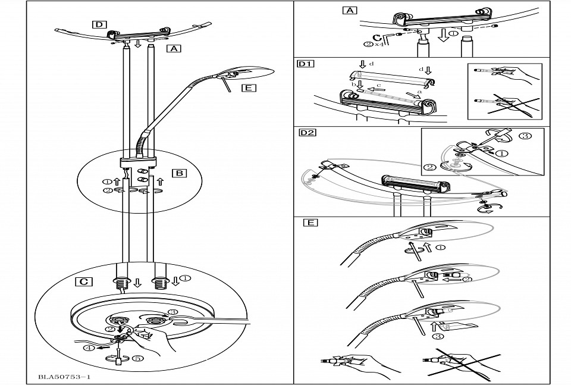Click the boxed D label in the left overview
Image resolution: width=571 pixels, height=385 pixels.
tap(99, 24)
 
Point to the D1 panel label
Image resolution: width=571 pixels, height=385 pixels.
tap(306, 64)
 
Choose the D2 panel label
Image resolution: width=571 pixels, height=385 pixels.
tap(307, 132)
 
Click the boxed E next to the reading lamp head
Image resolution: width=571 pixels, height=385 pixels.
tap(248, 89)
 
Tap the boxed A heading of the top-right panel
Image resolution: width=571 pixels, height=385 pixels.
tap(350, 10)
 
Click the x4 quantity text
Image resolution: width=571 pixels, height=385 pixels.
tap(378, 44)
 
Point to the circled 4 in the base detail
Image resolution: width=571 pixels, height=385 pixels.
tap(89, 349)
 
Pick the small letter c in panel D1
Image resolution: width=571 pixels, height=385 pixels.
tap(378, 86)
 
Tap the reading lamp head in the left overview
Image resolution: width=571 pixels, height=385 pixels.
tap(250, 73)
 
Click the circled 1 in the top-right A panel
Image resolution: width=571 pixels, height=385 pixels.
tap(453, 33)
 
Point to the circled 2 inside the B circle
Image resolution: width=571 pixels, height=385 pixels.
tap(106, 191)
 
